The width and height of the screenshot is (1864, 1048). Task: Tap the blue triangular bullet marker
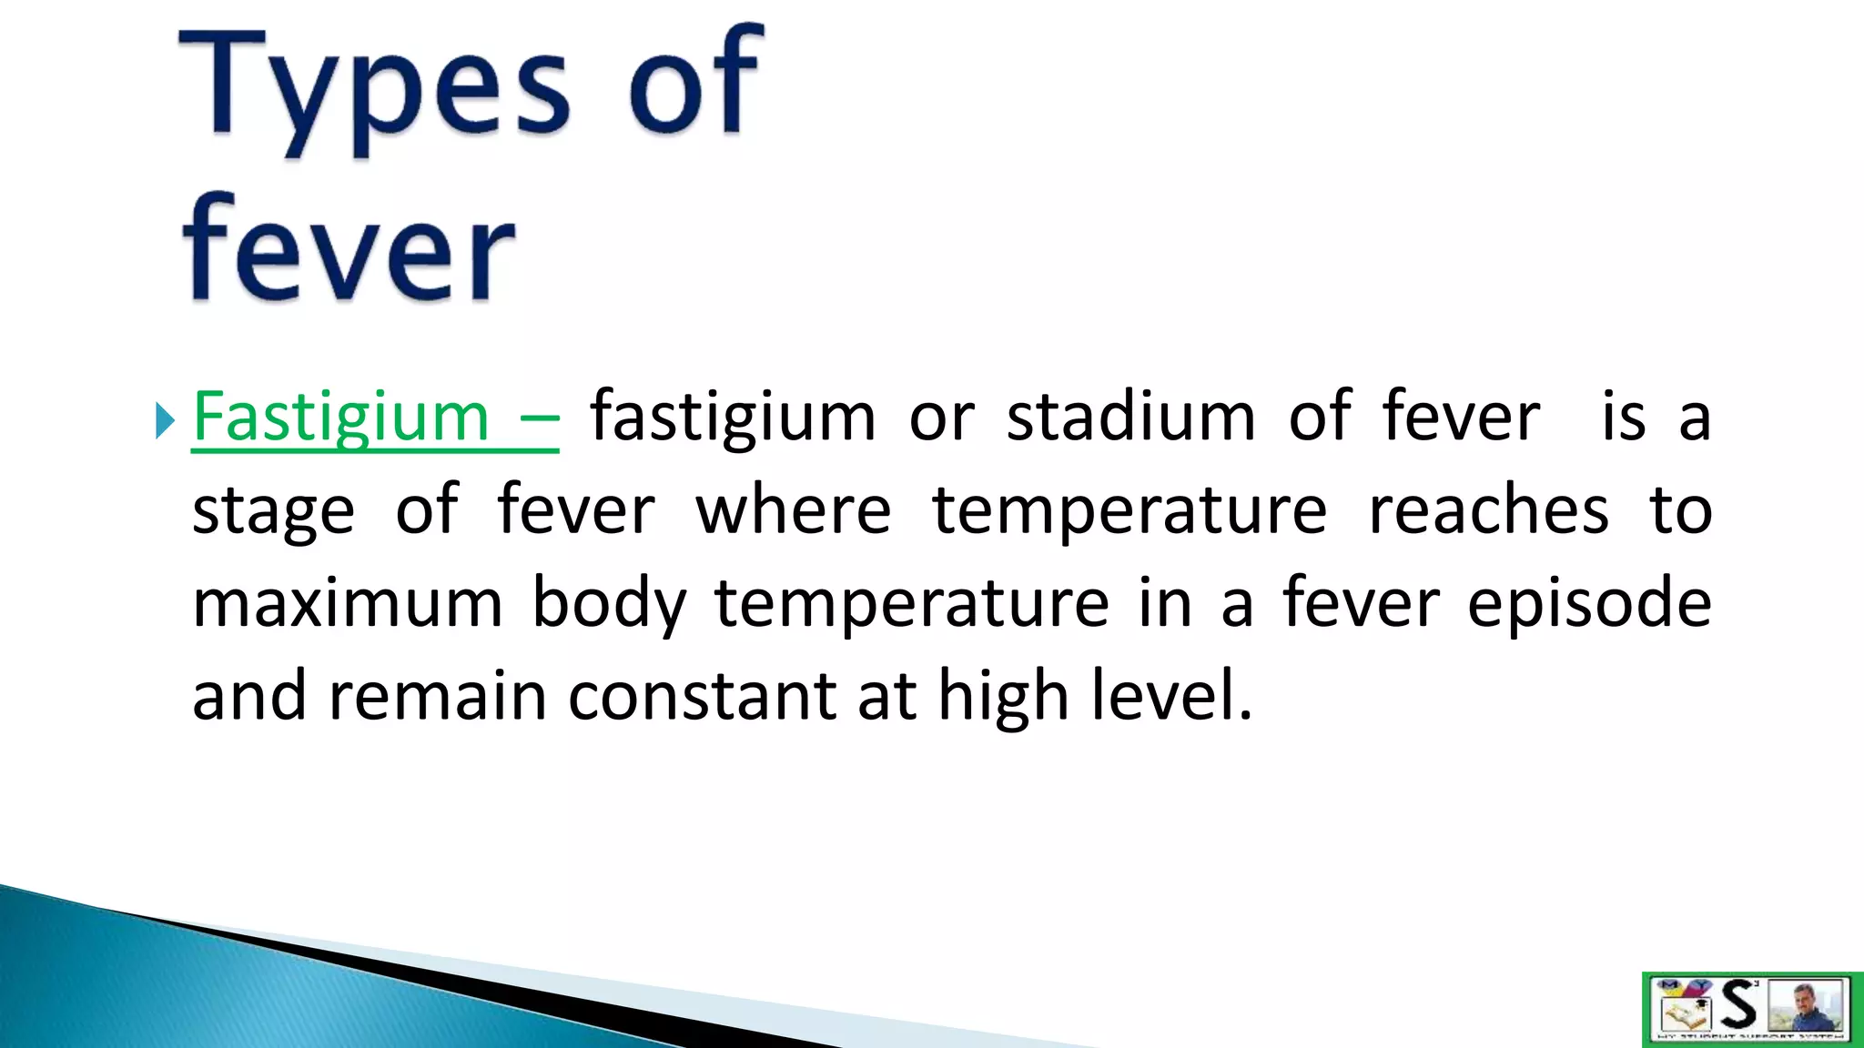[x=164, y=421]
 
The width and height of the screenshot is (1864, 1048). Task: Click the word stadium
[x=1130, y=417]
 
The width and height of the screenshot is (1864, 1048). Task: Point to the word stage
[x=273, y=511]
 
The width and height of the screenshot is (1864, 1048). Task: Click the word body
[x=608, y=605]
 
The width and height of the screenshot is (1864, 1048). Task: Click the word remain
[x=437, y=696]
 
